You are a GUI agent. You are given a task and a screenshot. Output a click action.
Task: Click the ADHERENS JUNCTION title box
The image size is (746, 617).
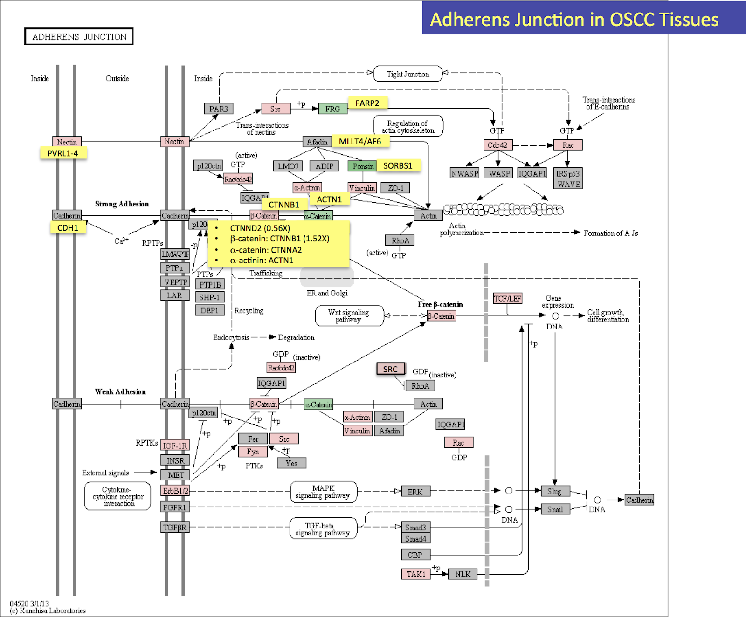(x=79, y=36)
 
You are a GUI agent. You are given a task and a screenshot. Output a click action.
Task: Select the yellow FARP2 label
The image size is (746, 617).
(x=367, y=103)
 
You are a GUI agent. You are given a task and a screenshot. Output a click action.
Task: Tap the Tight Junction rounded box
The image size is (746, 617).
(x=408, y=74)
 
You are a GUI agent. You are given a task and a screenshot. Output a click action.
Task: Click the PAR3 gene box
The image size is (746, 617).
(x=218, y=109)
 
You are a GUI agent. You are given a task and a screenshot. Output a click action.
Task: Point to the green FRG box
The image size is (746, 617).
(x=332, y=109)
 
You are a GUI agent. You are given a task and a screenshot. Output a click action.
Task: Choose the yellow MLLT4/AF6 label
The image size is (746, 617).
(x=360, y=141)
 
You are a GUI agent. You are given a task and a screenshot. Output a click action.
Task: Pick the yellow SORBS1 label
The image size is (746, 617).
(x=398, y=165)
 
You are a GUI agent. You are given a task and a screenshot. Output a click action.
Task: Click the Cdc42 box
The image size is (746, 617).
(x=497, y=145)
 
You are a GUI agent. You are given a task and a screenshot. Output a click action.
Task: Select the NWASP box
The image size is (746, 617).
(x=464, y=173)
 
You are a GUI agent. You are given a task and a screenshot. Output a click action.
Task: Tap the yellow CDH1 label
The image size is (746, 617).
(x=68, y=227)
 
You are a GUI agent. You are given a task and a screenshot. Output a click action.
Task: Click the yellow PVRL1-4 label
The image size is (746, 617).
(x=63, y=153)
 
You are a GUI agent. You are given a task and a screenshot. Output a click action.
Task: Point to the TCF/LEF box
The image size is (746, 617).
(x=508, y=298)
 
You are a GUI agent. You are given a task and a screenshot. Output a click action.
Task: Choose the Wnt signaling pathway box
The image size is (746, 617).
(x=349, y=315)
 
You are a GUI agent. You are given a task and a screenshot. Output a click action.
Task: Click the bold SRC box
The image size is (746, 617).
(x=391, y=369)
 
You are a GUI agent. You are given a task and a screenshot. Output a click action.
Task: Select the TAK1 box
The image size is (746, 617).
(x=415, y=574)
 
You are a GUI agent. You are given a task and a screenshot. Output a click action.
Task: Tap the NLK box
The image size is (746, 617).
(x=463, y=574)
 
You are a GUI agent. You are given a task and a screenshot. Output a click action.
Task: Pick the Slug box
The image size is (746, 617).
(x=555, y=491)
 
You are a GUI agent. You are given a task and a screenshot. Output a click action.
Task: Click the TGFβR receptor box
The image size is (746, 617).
(x=175, y=527)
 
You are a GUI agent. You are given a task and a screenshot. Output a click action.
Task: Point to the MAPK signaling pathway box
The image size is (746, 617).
(x=323, y=492)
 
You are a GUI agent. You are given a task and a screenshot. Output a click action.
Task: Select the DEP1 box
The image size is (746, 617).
(x=209, y=310)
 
